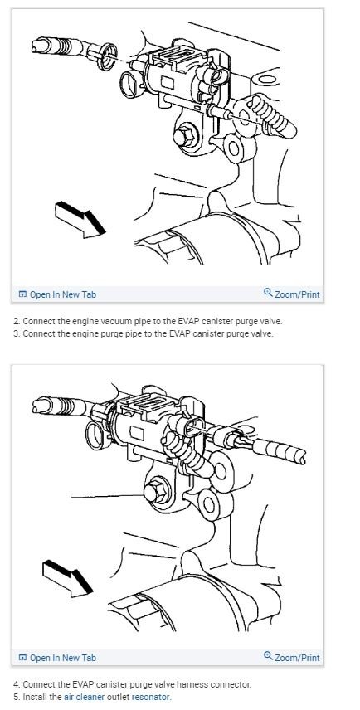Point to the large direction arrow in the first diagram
80,217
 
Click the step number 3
16,333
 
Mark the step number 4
16,684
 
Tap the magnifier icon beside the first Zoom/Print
268,294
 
